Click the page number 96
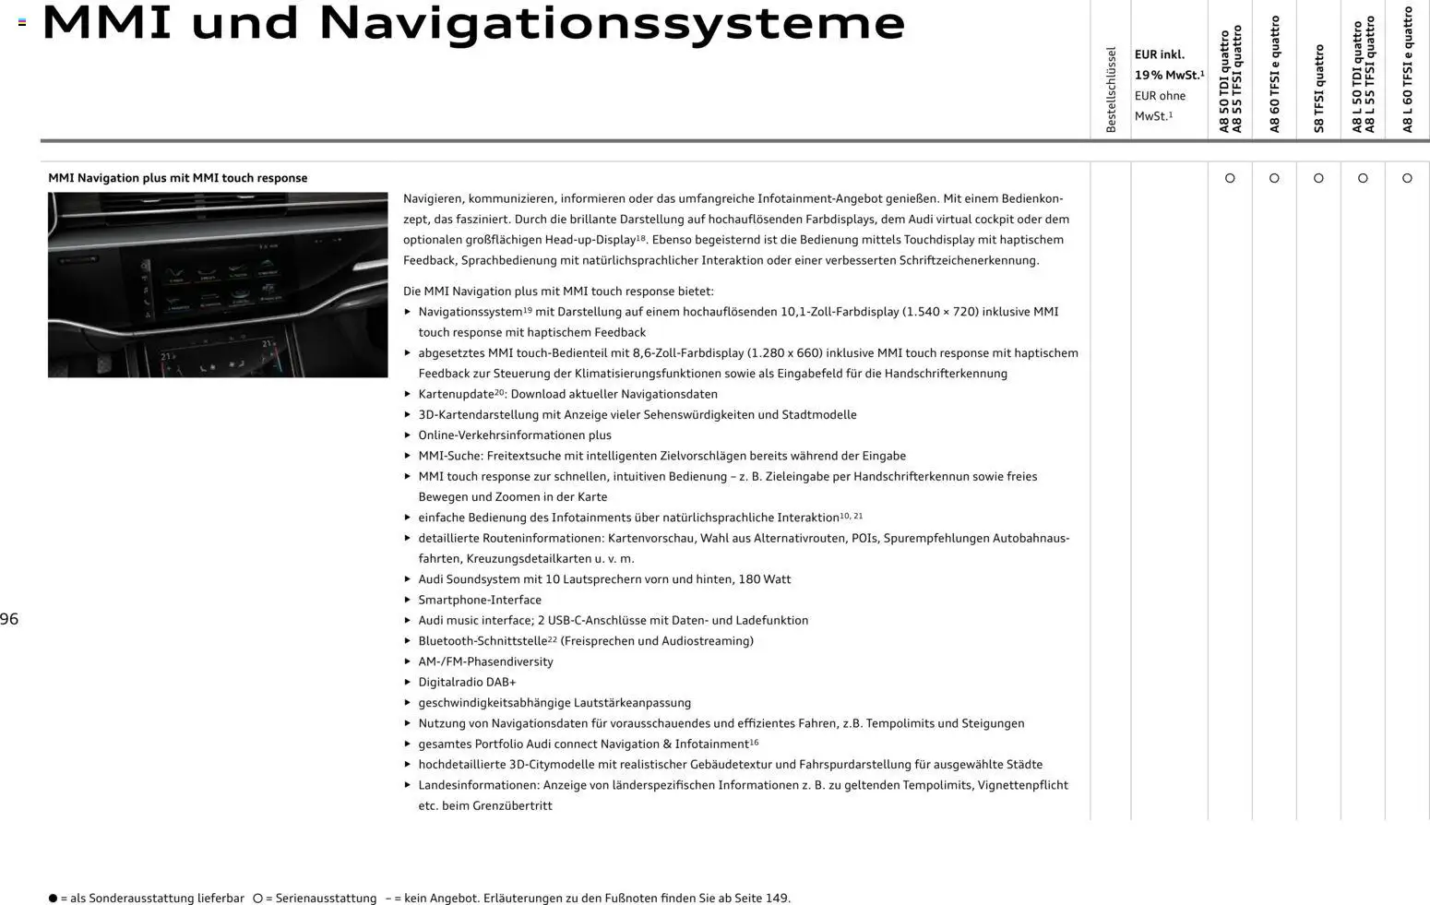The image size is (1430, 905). (9, 619)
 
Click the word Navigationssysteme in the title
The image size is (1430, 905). (612, 24)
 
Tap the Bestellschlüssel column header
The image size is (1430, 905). (1111, 89)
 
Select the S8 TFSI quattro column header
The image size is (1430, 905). (1318, 88)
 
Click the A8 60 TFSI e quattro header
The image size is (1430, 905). (1274, 74)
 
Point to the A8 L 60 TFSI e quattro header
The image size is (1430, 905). (1407, 69)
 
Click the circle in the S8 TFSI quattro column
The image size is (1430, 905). (1318, 178)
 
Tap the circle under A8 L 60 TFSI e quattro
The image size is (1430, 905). (1407, 178)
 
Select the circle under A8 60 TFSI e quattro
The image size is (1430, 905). (1274, 178)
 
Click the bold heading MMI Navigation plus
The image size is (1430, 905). (177, 178)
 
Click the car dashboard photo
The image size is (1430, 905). (218, 284)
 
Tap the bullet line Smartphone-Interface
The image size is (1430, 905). (480, 600)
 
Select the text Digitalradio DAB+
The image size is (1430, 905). (467, 682)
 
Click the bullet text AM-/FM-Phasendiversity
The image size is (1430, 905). (485, 661)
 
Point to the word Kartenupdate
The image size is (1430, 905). (456, 394)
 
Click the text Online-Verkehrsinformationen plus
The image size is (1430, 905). (515, 435)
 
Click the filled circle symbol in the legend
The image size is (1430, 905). (53, 899)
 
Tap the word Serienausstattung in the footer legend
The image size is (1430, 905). (326, 899)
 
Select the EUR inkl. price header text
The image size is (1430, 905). (1160, 54)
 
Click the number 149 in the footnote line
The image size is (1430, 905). (776, 899)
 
